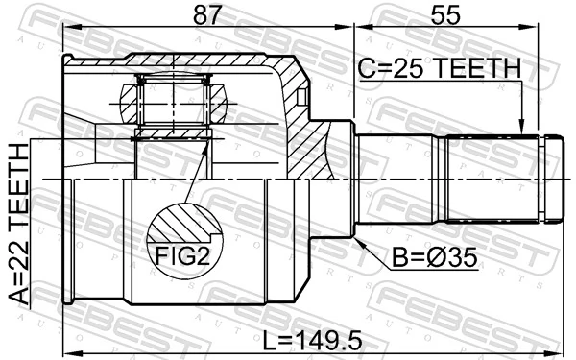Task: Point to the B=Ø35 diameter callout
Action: click(433, 258)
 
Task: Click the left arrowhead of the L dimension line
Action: click(66, 349)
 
